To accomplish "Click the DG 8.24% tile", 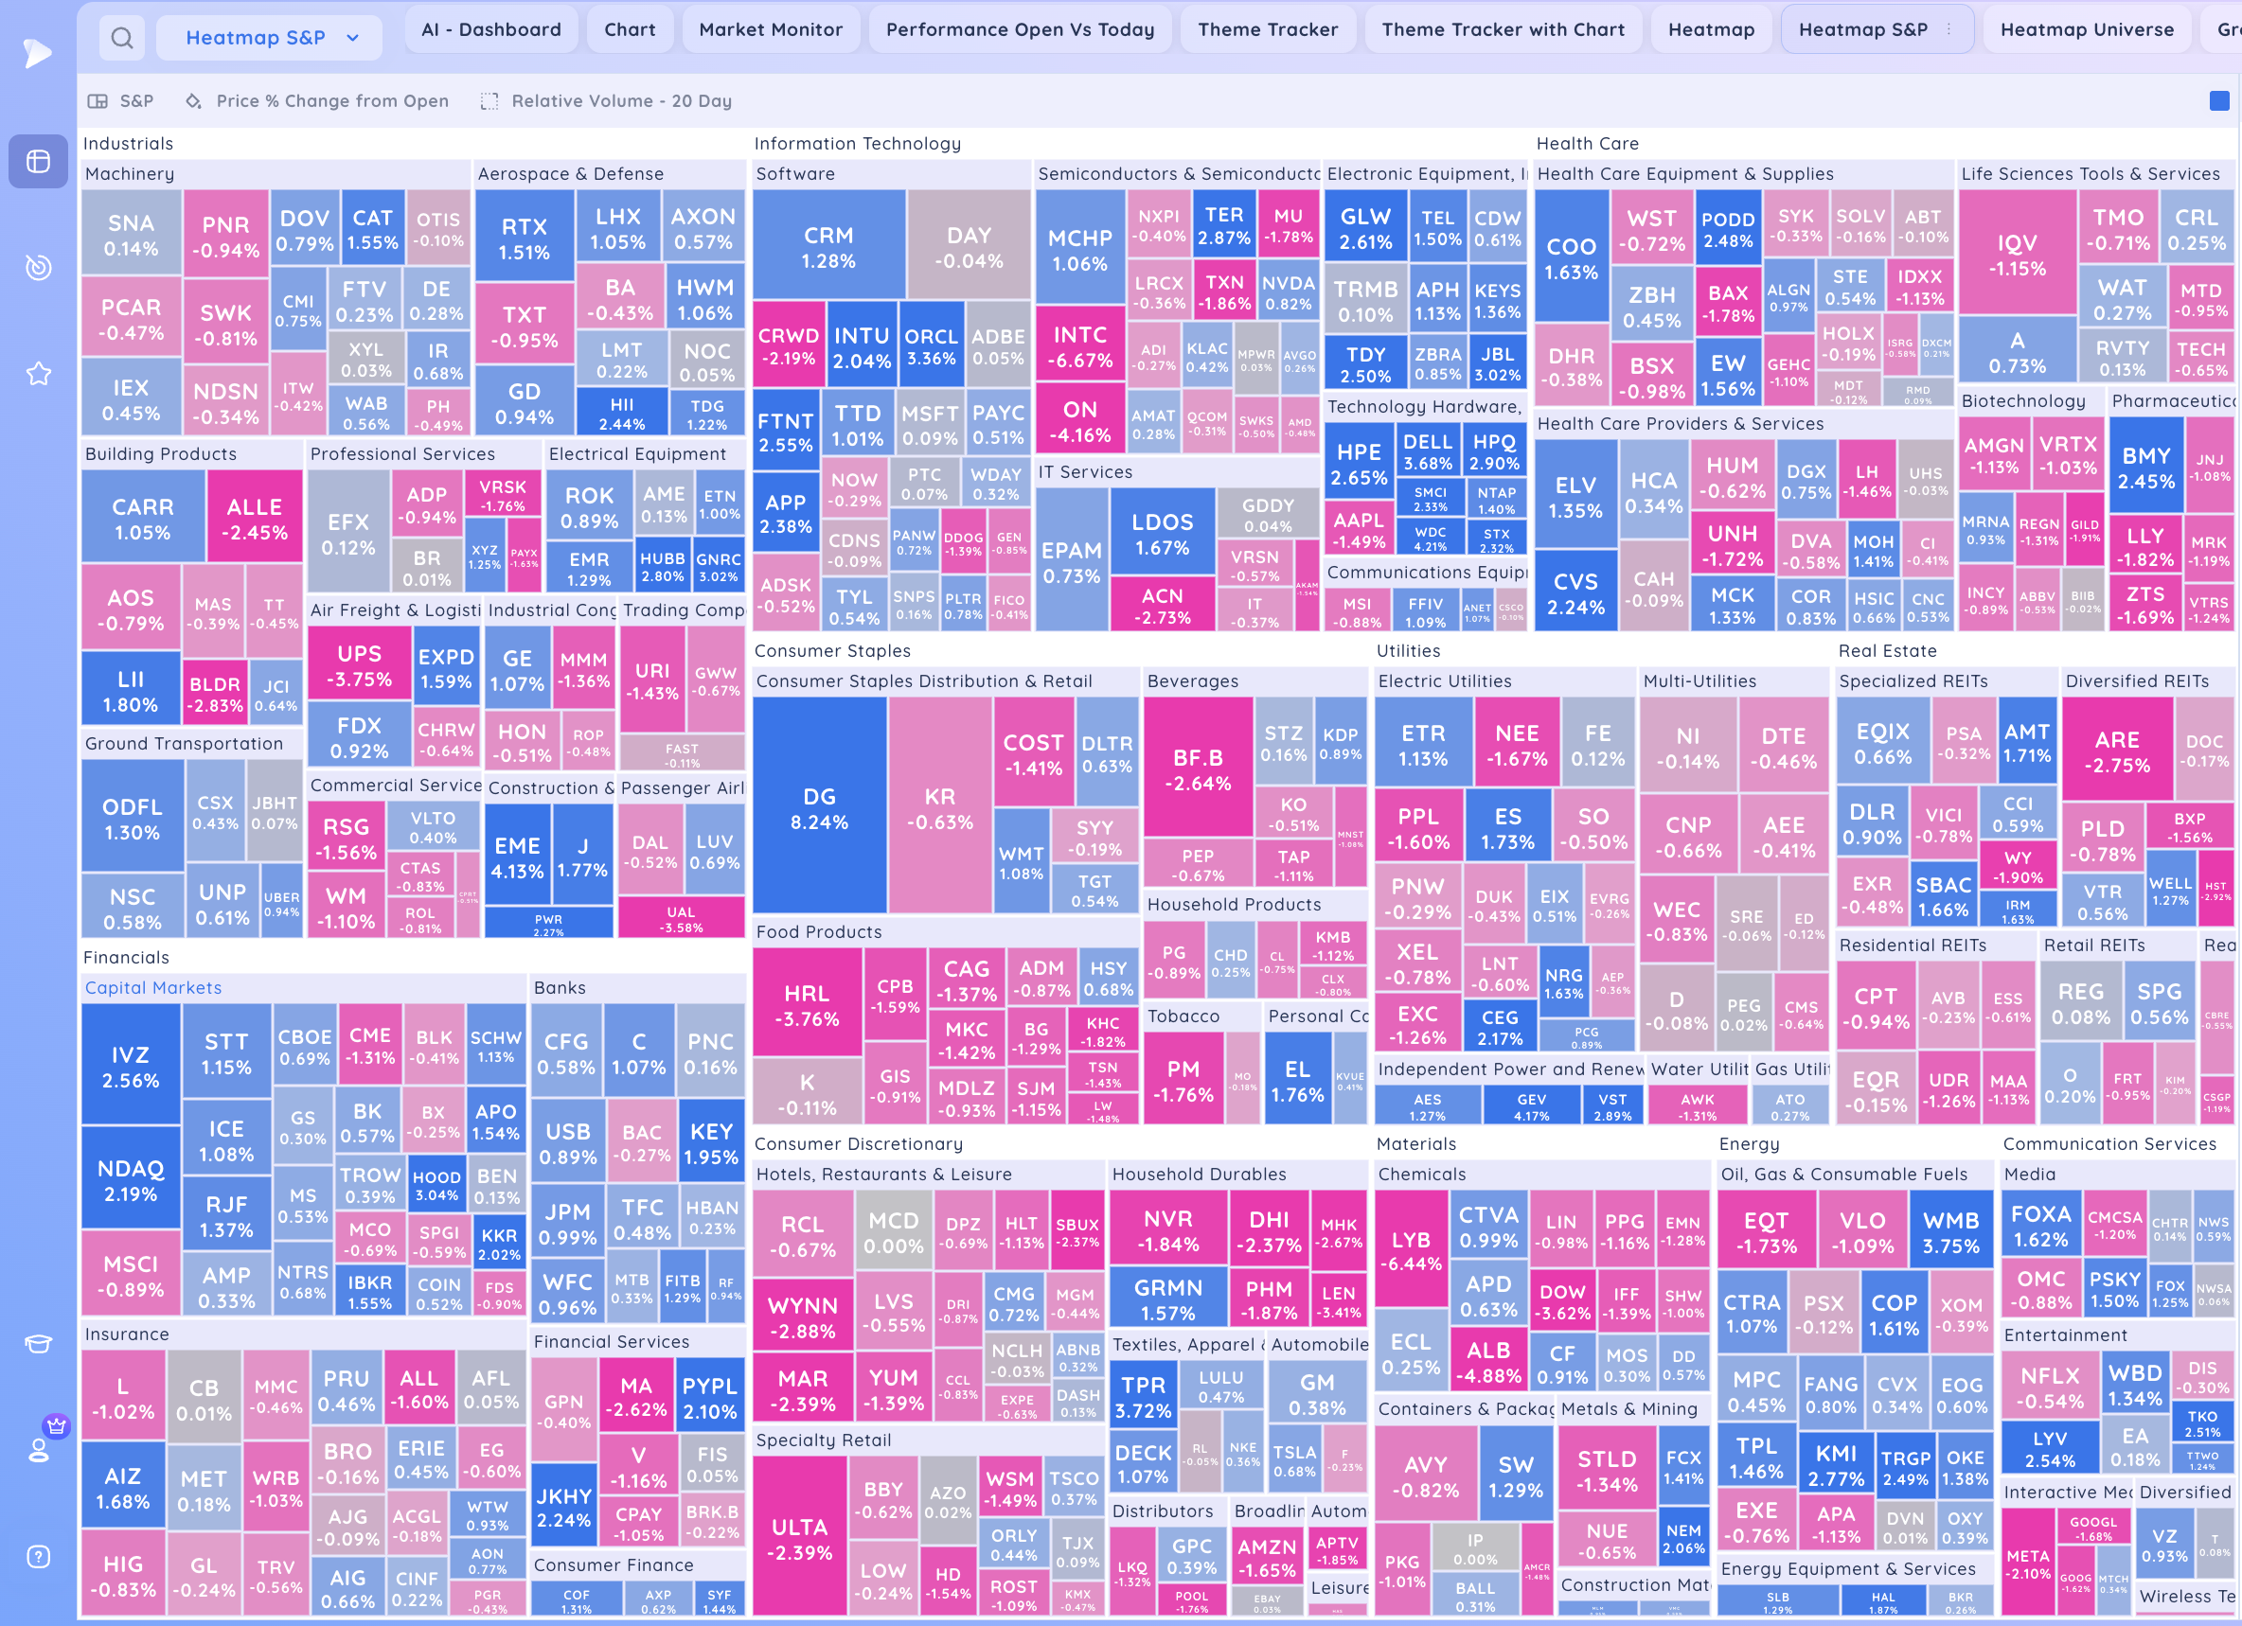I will tap(820, 807).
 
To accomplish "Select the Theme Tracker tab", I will tap(1268, 29).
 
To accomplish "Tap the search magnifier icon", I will tap(122, 39).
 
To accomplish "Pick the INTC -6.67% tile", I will tap(1079, 347).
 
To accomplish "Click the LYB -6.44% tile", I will tap(1411, 1250).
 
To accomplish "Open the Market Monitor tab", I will tap(770, 29).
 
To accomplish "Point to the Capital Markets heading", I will tap(153, 987).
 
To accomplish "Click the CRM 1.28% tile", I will tap(828, 247).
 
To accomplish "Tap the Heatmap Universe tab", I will tap(2087, 29).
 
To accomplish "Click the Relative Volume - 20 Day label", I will tap(621, 101).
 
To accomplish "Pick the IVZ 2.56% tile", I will tap(131, 1067).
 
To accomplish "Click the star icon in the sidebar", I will tap(39, 374).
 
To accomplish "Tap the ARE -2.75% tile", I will tap(2116, 751).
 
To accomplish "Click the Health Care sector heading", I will tap(1587, 143).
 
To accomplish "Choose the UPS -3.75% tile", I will tap(359, 665).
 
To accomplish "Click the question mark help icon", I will tap(39, 1557).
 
